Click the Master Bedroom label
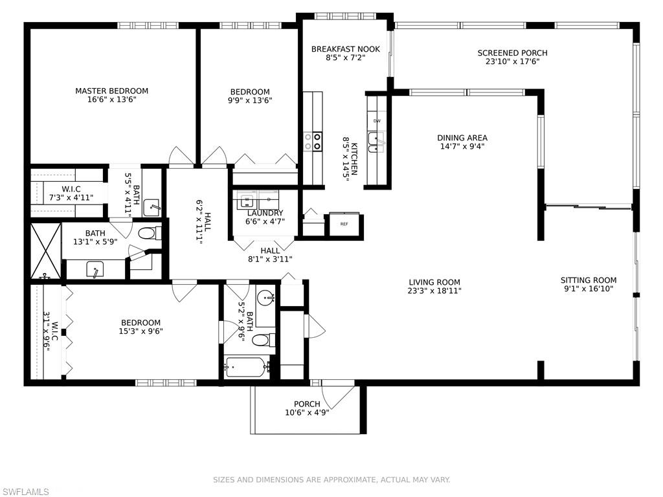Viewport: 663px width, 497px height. click(x=111, y=91)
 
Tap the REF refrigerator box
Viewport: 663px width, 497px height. click(x=343, y=224)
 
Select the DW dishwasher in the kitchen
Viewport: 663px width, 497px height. click(x=377, y=121)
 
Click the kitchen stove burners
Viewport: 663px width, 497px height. click(x=313, y=141)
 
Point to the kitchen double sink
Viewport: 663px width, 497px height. click(x=376, y=142)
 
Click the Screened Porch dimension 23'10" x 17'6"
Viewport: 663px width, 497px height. click(x=512, y=62)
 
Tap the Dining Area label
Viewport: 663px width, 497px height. click(x=462, y=138)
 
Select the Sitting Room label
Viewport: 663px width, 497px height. click(x=589, y=280)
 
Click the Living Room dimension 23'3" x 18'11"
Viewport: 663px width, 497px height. click(x=434, y=291)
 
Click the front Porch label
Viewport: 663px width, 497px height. click(x=307, y=404)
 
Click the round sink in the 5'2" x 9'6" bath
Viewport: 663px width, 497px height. click(x=265, y=298)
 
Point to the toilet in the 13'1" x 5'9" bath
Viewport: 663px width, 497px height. click(x=147, y=233)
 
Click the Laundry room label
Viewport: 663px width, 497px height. click(x=265, y=213)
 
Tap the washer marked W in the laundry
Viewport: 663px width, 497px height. click(x=247, y=199)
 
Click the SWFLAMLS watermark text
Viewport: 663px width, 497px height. click(x=25, y=492)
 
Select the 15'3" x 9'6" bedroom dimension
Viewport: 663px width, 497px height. click(x=141, y=331)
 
